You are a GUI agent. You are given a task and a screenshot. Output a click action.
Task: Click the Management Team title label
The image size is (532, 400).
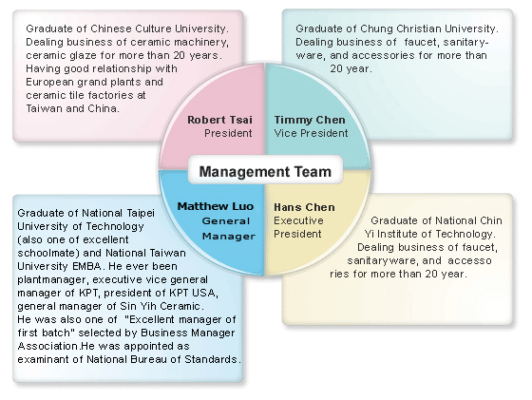click(265, 172)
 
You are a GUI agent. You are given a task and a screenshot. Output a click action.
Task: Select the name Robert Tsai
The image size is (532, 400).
click(219, 120)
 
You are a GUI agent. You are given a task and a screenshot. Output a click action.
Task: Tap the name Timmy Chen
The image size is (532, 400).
click(310, 120)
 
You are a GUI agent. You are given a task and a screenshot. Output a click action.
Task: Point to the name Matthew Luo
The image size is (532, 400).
click(216, 206)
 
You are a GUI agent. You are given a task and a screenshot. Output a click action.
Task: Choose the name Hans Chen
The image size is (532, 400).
click(304, 207)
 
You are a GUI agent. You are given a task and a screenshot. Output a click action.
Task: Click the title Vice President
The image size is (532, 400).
click(311, 133)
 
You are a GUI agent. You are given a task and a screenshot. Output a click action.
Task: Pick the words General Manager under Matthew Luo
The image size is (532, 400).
click(228, 228)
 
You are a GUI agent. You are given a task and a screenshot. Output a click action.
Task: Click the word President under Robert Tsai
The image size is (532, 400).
click(228, 133)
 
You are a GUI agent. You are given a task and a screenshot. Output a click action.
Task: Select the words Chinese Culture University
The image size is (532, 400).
click(160, 29)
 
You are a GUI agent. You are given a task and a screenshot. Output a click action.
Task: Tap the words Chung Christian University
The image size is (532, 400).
click(429, 29)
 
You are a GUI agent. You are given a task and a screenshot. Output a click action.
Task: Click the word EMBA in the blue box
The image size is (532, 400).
click(86, 266)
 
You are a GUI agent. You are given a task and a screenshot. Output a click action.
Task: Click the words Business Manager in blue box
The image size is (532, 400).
click(188, 333)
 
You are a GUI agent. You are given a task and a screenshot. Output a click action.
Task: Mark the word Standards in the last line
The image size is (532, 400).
click(213, 359)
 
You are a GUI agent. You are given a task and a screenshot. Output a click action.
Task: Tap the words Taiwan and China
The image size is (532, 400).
click(72, 108)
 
